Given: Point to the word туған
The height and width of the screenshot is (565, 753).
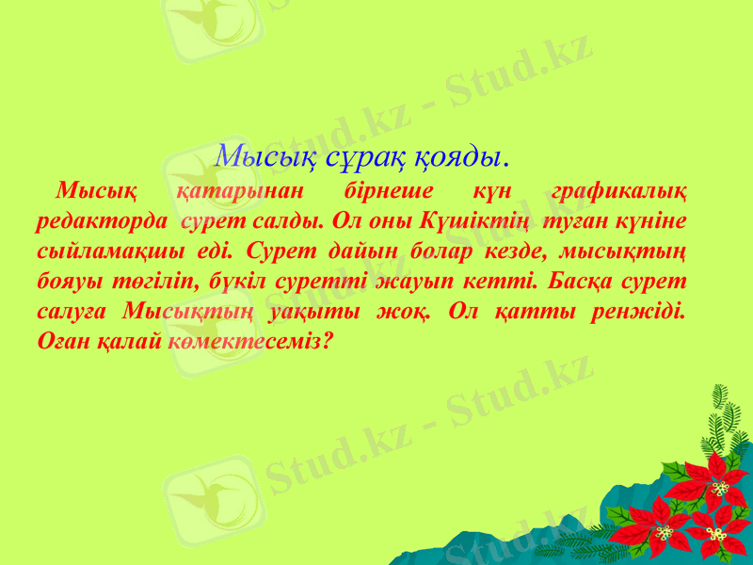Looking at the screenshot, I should tap(568, 222).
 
